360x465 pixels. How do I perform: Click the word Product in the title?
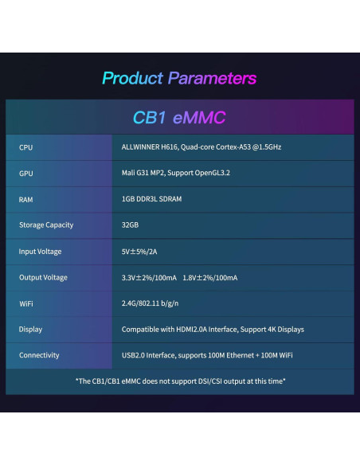132,78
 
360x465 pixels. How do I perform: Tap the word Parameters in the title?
212,78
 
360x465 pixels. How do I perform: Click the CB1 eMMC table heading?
179,118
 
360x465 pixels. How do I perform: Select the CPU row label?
25,147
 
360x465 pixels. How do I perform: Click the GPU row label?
25,173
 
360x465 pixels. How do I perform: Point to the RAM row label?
26,199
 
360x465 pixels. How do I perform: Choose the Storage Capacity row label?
46,225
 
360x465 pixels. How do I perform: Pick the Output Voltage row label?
44,277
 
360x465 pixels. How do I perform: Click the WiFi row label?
26,303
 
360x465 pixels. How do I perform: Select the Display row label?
30,329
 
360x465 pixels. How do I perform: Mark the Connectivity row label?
39,355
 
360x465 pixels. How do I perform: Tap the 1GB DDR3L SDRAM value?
152,199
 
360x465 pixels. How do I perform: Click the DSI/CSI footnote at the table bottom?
180,381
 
